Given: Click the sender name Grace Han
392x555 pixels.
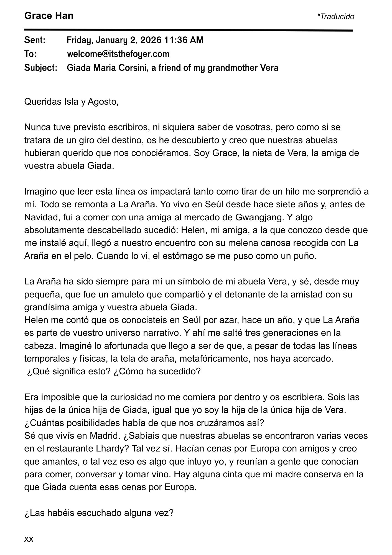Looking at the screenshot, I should (49, 16).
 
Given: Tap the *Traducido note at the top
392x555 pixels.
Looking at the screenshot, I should (335, 17).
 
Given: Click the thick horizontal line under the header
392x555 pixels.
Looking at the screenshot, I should (189, 30).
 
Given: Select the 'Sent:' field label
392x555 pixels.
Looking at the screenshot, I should (35, 40).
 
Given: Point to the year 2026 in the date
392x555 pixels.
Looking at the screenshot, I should (151, 40).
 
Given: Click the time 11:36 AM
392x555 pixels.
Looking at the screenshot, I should (184, 40).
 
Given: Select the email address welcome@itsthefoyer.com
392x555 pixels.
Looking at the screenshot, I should (118, 54).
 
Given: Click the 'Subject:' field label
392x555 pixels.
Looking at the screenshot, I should (41, 68).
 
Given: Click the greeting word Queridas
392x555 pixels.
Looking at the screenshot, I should (41, 102).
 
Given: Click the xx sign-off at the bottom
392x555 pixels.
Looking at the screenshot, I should (29, 539).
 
